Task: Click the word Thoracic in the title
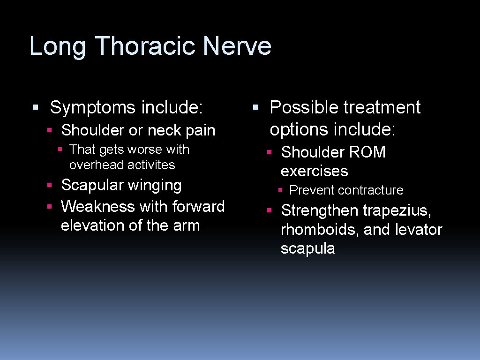point(148,46)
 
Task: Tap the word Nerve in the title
point(237,46)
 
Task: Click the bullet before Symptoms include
point(35,108)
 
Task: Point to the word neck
point(166,130)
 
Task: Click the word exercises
point(314,172)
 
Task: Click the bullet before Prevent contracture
point(280,190)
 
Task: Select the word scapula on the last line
point(307,249)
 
